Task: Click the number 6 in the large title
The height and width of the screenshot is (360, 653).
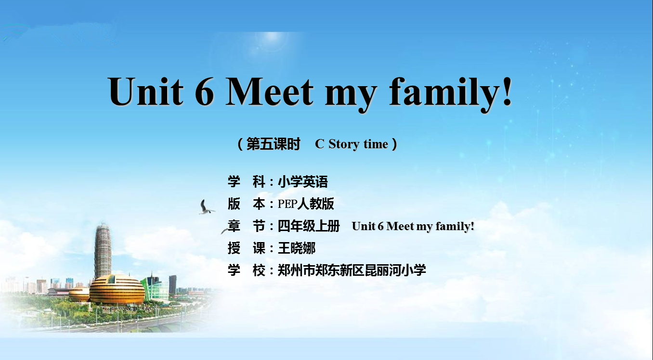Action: (x=204, y=91)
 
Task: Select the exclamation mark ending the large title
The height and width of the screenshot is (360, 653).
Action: (x=508, y=91)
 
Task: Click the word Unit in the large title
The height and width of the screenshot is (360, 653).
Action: (x=145, y=91)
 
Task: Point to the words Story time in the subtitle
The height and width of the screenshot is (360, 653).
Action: (x=358, y=144)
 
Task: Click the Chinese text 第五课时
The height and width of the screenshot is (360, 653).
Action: (x=274, y=144)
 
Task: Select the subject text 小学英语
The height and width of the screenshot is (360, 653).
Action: (x=303, y=182)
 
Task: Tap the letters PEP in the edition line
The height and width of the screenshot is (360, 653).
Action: (x=287, y=204)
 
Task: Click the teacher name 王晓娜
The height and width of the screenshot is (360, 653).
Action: (x=297, y=248)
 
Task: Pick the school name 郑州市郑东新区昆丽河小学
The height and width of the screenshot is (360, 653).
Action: (x=352, y=270)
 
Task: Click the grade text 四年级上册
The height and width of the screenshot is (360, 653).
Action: (x=308, y=226)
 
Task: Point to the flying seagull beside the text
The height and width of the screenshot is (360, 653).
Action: (x=207, y=207)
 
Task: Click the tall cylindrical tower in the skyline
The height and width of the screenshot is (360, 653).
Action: (x=103, y=251)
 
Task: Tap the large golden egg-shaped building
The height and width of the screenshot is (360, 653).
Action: (x=117, y=289)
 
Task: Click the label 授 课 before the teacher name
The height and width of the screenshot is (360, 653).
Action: (x=247, y=248)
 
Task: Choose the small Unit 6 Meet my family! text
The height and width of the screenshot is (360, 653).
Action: (x=413, y=226)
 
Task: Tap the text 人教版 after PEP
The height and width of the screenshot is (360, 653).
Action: (x=315, y=204)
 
